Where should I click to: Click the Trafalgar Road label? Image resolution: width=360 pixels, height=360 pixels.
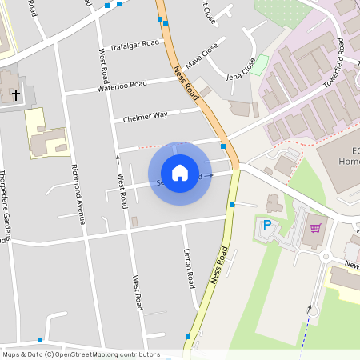[134, 44]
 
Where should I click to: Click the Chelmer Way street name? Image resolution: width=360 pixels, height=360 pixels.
[145, 116]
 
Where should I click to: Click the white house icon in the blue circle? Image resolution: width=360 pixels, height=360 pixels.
[179, 173]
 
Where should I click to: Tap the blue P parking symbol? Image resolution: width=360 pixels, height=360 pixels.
[267, 225]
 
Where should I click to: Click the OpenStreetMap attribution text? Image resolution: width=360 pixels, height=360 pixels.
[80, 354]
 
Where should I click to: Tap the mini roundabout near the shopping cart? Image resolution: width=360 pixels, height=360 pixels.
[325, 257]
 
